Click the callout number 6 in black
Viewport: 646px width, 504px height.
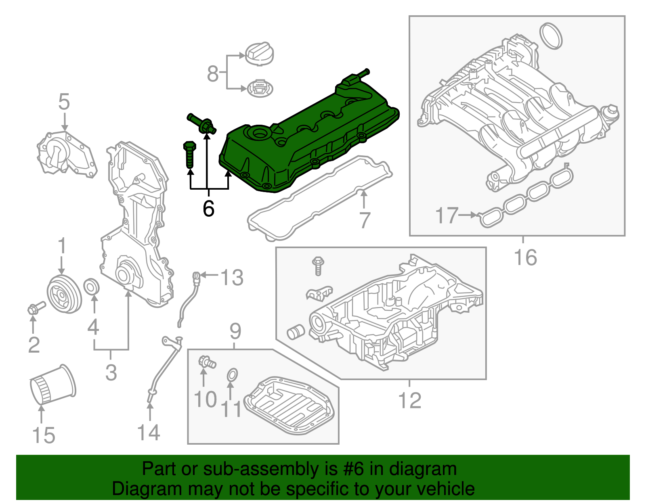208,209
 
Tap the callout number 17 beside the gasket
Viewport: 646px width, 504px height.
447,215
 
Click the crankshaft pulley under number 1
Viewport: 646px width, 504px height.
64,294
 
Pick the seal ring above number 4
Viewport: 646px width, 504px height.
92,286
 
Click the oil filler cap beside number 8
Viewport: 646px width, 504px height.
260,52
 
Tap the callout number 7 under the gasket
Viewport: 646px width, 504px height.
365,220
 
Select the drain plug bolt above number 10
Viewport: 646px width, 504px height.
207,362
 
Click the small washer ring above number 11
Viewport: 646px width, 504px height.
232,375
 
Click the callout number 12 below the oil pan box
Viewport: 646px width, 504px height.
409,400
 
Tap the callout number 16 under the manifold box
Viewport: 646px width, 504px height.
525,257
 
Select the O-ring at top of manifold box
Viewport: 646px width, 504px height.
551,36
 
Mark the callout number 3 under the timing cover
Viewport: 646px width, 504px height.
111,372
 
